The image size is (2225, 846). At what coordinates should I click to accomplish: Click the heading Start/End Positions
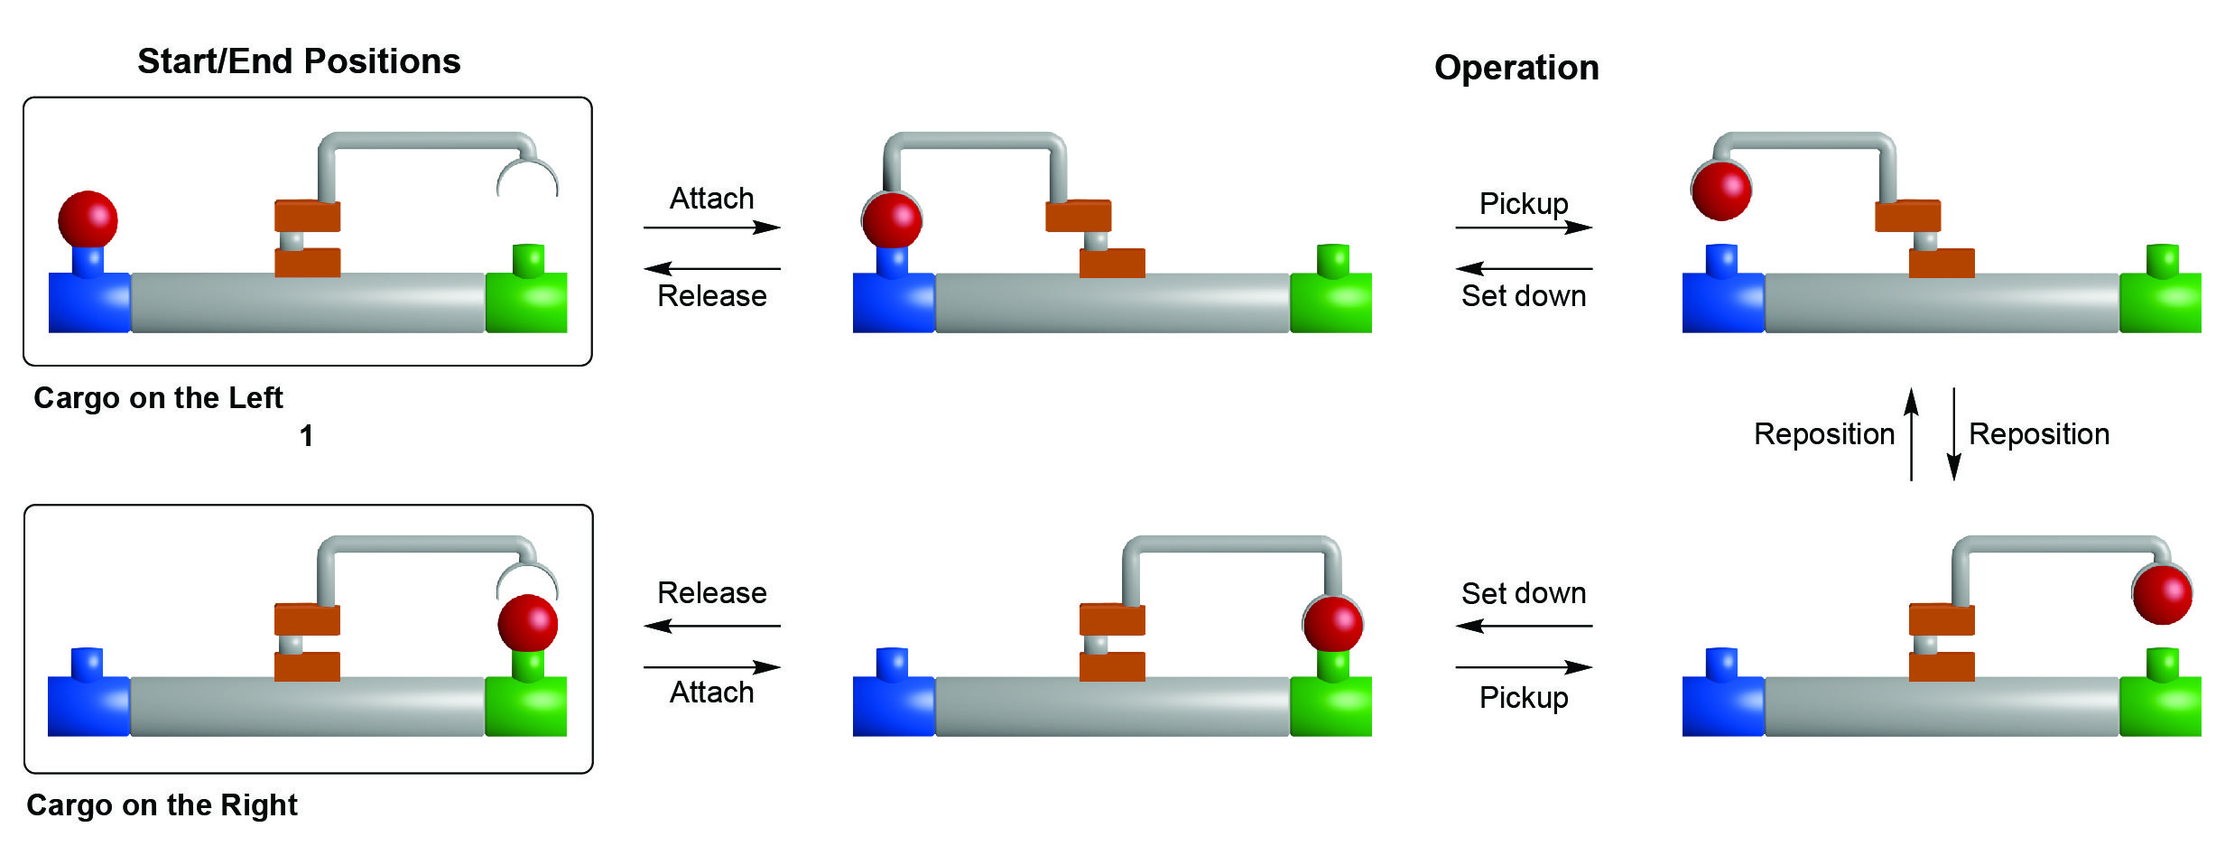(299, 61)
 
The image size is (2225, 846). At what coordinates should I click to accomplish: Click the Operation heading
(1516, 68)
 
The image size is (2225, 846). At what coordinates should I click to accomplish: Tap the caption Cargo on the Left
(158, 398)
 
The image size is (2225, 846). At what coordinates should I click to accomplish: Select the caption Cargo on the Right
(162, 804)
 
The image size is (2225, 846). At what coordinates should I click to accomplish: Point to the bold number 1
(307, 436)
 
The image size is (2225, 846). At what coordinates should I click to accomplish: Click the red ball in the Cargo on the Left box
(88, 219)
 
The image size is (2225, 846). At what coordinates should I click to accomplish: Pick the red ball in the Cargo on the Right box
(528, 623)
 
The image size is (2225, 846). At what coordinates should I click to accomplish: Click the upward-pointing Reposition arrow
(1911, 434)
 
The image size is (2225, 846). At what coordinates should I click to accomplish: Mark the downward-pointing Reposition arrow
(1953, 434)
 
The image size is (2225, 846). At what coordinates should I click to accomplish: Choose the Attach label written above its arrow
(711, 199)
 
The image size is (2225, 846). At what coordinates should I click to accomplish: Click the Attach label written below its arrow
(711, 693)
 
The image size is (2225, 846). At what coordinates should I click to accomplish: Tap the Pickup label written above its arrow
(1524, 203)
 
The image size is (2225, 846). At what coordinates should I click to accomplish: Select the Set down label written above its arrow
(1524, 593)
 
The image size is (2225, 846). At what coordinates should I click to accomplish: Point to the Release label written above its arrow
(711, 593)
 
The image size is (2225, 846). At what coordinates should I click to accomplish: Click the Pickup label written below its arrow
(1524, 698)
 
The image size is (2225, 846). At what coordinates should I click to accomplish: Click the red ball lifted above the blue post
(1721, 191)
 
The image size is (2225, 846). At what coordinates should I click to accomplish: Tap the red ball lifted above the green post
(2163, 593)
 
